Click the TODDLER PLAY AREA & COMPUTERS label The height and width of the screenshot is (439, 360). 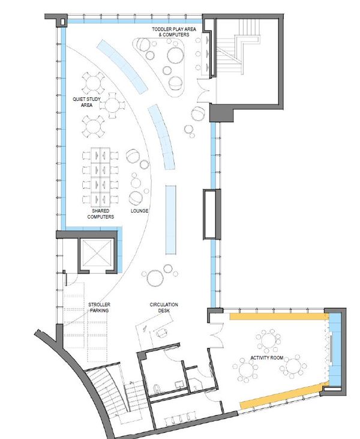click(172, 32)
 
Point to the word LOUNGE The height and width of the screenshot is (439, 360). click(139, 211)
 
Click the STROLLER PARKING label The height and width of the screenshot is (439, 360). click(99, 308)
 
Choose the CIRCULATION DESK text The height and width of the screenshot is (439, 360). click(164, 308)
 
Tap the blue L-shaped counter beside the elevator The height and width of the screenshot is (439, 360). click(119, 246)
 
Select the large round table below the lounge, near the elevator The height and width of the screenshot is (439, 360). click(155, 277)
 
